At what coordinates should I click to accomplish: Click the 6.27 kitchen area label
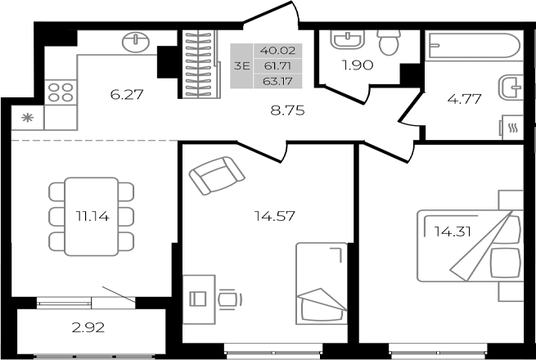[x=127, y=95]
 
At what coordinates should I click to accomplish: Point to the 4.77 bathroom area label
[x=464, y=100]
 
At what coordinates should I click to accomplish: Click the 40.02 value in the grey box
[x=274, y=50]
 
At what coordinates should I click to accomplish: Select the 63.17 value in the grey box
[x=274, y=81]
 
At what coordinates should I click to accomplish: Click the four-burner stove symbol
[x=59, y=91]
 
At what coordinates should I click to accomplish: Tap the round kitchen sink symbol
[x=133, y=41]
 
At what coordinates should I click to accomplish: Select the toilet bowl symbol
[x=389, y=41]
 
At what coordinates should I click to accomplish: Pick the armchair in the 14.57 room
[x=216, y=174]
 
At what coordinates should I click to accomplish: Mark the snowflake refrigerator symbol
[x=27, y=117]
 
